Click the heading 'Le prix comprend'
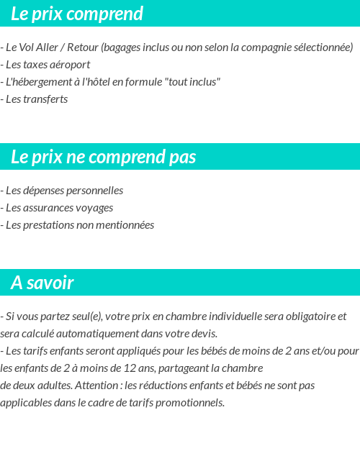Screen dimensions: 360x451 pyautogui.click(x=77, y=14)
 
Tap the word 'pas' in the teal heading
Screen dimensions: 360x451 pyautogui.click(x=183, y=157)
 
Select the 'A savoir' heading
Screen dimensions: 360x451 pyautogui.click(x=42, y=283)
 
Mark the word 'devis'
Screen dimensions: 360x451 pyautogui.click(x=203, y=334)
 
